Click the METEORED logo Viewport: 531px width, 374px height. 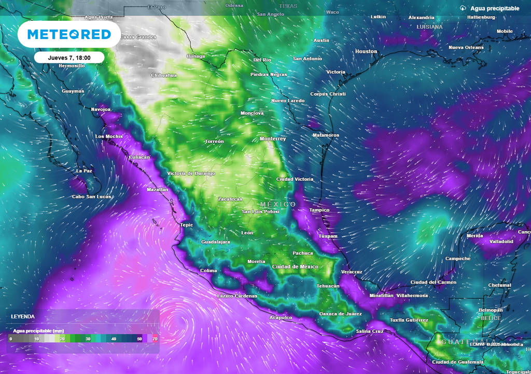coord(69,34)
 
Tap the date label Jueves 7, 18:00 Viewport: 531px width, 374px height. coord(69,58)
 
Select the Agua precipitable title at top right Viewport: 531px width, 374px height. coord(494,8)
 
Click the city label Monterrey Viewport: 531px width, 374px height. coord(273,139)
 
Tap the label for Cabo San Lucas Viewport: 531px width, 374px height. coord(92,197)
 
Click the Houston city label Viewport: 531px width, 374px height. coord(366,51)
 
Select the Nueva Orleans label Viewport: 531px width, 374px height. coord(466,48)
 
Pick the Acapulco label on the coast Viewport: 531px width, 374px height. coord(281,317)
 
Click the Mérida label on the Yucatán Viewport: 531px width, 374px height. coord(474,236)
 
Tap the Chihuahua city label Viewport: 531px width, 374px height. coord(163,75)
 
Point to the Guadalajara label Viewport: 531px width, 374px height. coord(215,242)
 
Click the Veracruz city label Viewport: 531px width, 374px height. coord(352,272)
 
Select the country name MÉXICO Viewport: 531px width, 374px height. coord(278,205)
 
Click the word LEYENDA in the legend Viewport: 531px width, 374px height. coord(23,316)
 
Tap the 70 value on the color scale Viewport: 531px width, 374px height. coord(155,339)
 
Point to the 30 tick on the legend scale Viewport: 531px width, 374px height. coord(88,339)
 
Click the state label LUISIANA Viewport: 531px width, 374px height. coord(429,26)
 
